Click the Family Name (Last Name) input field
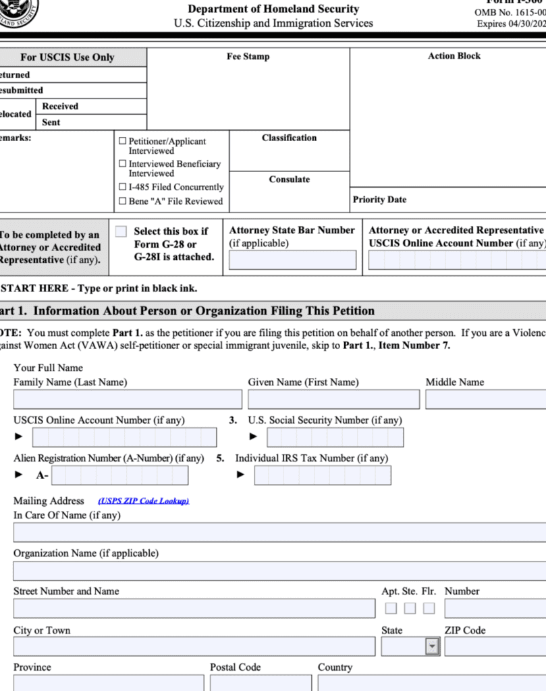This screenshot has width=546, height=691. click(128, 399)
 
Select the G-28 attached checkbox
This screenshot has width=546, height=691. click(121, 231)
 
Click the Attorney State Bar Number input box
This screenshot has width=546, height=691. click(292, 260)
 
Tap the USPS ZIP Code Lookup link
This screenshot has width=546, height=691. click(143, 501)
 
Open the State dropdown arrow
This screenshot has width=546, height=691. click(432, 646)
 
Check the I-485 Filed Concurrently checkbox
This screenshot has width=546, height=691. click(122, 187)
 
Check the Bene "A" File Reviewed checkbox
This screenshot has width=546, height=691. click(122, 201)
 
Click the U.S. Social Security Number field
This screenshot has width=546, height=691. click(335, 437)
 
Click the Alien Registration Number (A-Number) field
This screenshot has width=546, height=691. click(119, 476)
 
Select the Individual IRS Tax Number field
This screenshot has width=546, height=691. click(322, 476)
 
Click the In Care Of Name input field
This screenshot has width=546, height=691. click(279, 532)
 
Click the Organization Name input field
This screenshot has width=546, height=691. click(279, 571)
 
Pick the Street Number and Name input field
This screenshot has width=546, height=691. click(194, 608)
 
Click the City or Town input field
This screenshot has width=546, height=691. click(194, 646)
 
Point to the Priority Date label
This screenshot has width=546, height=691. click(379, 200)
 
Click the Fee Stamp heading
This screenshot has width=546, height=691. click(248, 57)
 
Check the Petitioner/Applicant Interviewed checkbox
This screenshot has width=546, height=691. click(122, 142)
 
